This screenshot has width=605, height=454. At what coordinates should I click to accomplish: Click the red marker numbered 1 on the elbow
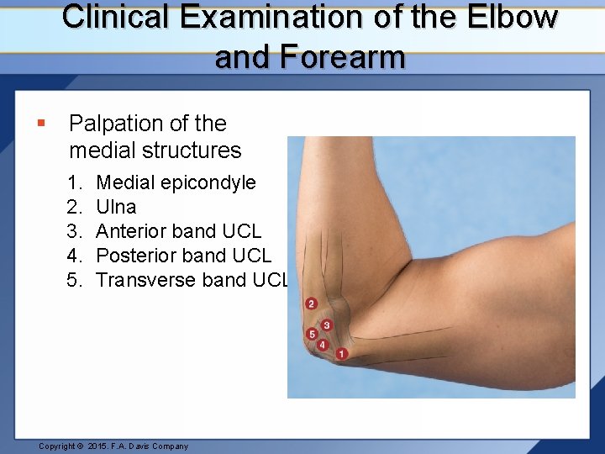pos(341,354)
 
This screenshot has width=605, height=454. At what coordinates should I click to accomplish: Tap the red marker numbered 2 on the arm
pos(312,304)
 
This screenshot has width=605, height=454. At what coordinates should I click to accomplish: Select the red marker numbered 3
pos(326,325)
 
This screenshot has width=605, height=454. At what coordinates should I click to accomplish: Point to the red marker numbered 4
pos(323,345)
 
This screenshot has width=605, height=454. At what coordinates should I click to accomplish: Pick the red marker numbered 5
pos(313,335)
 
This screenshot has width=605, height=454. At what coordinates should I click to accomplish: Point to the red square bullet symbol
pos(40,124)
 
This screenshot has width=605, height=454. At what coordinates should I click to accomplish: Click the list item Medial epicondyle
pos(176,182)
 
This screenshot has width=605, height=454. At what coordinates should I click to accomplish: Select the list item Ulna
pos(116,207)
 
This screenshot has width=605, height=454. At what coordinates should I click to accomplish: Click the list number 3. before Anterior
pos(76,231)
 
